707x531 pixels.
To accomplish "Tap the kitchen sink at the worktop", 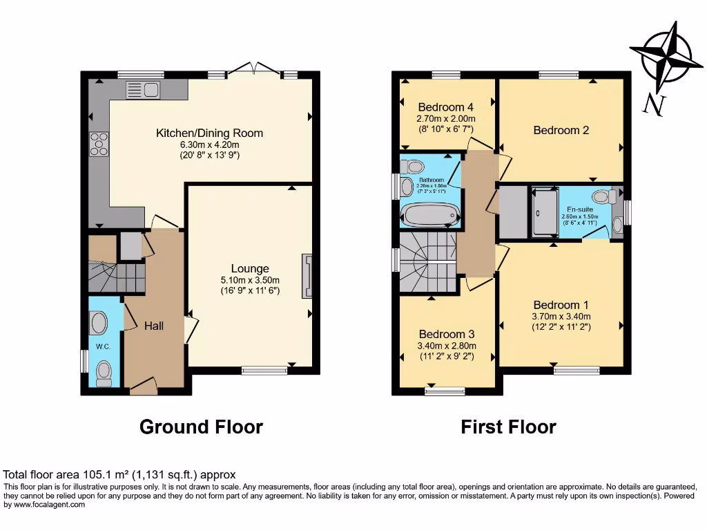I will (142, 89).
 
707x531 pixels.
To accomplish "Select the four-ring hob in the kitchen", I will (99, 144).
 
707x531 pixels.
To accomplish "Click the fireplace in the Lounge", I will (307, 276).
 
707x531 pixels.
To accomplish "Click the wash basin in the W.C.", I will (99, 323).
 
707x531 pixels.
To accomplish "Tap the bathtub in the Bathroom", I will (431, 216).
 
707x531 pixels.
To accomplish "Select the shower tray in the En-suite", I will (546, 213).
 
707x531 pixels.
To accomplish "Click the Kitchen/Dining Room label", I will (209, 133).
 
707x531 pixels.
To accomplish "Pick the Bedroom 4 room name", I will (446, 107).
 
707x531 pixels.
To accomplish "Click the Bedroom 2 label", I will (561, 130).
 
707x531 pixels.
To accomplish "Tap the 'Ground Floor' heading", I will (201, 427).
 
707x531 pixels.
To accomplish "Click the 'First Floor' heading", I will (508, 427).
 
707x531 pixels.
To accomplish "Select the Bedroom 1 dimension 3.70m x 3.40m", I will (561, 317).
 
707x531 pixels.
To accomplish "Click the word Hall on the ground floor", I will (153, 326).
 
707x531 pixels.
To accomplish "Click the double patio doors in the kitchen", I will (255, 68).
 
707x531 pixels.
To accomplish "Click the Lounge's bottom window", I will (264, 371).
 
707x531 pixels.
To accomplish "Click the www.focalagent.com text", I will (44, 505).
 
